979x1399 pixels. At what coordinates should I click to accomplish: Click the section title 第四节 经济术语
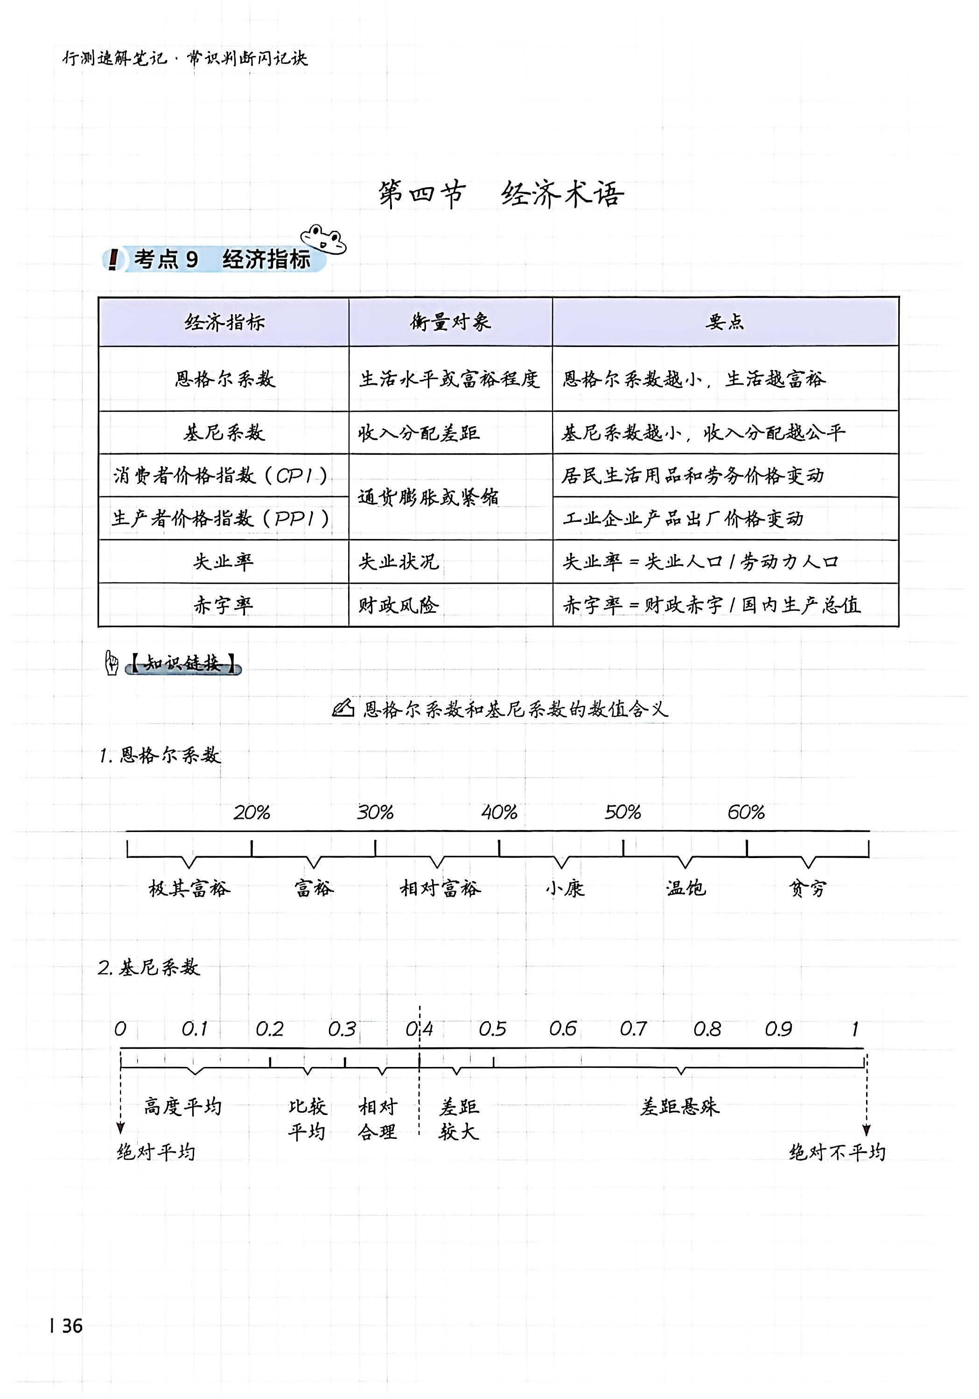tap(501, 194)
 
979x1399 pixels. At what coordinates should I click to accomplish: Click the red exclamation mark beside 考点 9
tap(113, 260)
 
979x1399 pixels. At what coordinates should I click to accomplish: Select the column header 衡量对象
tap(450, 322)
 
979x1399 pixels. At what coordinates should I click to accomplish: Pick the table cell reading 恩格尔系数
tap(224, 379)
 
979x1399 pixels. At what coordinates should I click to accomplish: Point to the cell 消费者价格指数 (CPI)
tap(221, 475)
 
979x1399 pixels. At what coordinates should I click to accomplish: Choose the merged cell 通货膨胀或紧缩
tap(428, 497)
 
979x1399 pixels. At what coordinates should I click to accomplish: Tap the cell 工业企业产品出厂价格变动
tap(683, 519)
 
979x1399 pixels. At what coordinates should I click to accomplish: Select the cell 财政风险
tap(399, 605)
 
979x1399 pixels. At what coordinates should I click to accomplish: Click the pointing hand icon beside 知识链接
tap(112, 663)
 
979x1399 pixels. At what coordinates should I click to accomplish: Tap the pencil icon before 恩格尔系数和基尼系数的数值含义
tap(343, 707)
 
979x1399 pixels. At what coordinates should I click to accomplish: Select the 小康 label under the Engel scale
tap(565, 888)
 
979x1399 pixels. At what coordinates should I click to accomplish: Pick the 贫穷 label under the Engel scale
tap(808, 888)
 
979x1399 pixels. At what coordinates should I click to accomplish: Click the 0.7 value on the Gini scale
tap(633, 1029)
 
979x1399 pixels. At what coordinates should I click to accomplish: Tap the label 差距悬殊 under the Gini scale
tap(680, 1107)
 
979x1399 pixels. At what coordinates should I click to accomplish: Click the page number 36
tap(72, 1326)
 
